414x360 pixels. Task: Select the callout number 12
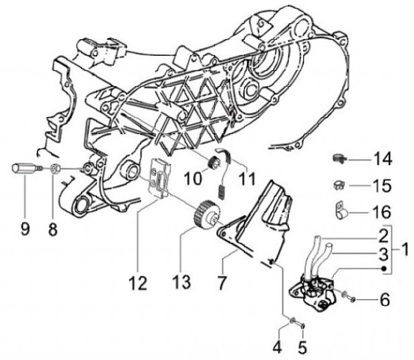click(x=138, y=284)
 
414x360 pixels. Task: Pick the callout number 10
click(x=193, y=179)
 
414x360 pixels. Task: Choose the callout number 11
click(x=247, y=179)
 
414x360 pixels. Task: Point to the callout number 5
click(x=303, y=347)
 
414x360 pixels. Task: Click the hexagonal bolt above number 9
click(x=23, y=169)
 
